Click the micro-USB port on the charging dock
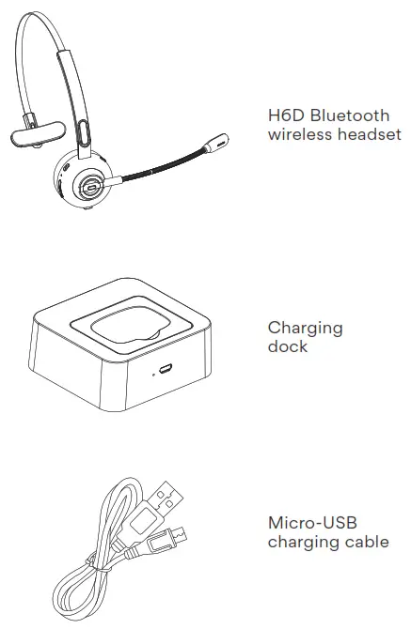[x=166, y=369]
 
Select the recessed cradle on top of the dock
[x=122, y=324]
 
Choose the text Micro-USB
[x=313, y=523]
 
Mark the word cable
[x=367, y=542]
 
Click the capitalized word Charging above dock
[x=305, y=329]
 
